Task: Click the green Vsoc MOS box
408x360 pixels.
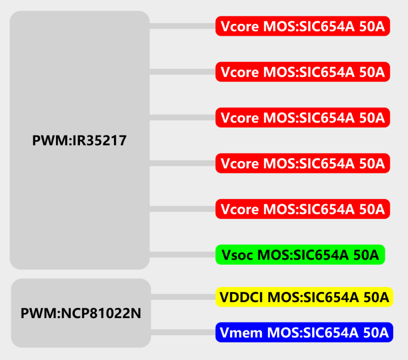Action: pyautogui.click(x=300, y=255)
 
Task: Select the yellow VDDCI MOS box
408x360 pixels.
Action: pyautogui.click(x=304, y=297)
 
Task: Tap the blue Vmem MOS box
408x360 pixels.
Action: pyautogui.click(x=304, y=332)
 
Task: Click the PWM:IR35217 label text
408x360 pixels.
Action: pyautogui.click(x=79, y=141)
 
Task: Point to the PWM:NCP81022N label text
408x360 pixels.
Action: pyautogui.click(x=81, y=313)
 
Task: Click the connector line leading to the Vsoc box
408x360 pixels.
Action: pyautogui.click(x=182, y=255)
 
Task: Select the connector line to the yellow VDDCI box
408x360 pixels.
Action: pyautogui.click(x=183, y=297)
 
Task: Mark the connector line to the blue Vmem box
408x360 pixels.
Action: pyautogui.click(x=183, y=332)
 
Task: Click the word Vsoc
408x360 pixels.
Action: pyautogui.click(x=237, y=255)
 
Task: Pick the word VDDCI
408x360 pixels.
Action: pyautogui.click(x=241, y=297)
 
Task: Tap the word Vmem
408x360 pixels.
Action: pyautogui.click(x=241, y=333)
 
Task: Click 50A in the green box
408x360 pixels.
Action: pyautogui.click(x=366, y=255)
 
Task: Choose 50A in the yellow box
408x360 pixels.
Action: pyautogui.click(x=376, y=297)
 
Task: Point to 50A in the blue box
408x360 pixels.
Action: pyautogui.click(x=376, y=333)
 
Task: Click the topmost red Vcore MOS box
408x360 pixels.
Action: pyautogui.click(x=303, y=26)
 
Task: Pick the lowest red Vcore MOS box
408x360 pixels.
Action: pyautogui.click(x=303, y=209)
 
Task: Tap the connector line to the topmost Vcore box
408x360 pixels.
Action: pyautogui.click(x=182, y=26)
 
